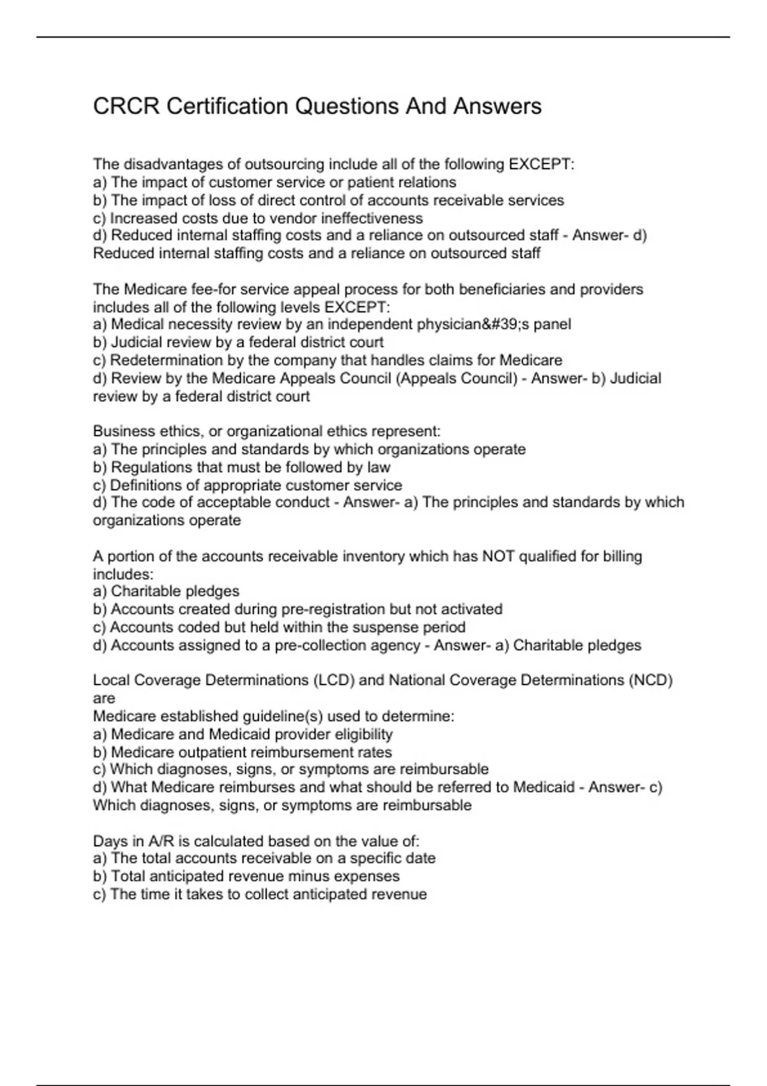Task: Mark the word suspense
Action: [381, 627]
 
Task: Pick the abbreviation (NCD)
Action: [651, 680]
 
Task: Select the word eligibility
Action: [364, 735]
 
